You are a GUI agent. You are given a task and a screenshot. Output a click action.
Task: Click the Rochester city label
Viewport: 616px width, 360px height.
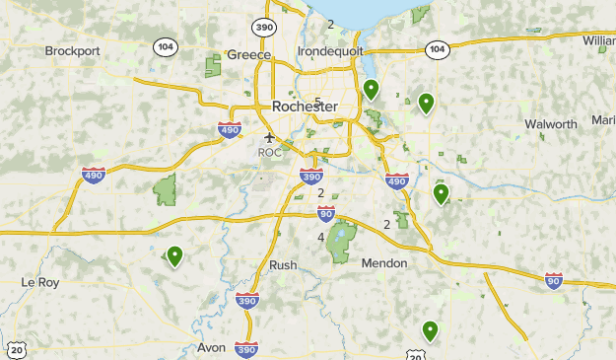coord(304,107)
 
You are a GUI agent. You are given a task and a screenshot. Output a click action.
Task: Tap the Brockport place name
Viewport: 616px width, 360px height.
coord(74,50)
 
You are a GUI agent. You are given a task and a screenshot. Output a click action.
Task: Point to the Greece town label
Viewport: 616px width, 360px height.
coord(248,55)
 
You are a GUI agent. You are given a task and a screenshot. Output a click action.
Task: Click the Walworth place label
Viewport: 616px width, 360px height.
coord(550,124)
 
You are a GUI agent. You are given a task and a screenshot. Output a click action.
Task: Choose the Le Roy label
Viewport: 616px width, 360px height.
coord(40,282)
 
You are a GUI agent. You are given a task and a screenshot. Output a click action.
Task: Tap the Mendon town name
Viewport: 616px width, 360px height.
coord(384,263)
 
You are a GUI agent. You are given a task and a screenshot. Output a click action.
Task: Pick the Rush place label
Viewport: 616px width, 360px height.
coord(283,265)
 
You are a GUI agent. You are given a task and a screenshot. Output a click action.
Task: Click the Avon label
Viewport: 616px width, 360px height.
coord(211,348)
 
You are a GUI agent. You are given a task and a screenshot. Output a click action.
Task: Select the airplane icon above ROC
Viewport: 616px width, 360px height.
coord(269,137)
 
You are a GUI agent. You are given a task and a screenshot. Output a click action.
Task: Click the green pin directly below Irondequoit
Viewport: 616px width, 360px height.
coord(371,89)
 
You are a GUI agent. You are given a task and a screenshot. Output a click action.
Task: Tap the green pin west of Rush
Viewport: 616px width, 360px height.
coord(174,255)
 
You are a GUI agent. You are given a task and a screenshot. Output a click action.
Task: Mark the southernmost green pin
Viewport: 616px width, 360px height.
coord(430,330)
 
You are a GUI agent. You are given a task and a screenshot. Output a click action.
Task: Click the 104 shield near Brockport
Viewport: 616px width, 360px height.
coord(165,45)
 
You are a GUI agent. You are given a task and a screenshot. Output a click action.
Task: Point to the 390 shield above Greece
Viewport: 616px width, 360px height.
coord(262,26)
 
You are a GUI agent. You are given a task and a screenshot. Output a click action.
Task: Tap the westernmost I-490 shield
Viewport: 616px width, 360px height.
coord(92,175)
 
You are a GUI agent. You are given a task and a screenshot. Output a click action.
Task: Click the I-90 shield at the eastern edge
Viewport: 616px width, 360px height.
coord(554,281)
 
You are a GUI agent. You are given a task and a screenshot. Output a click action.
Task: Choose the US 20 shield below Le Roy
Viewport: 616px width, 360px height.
coord(16,351)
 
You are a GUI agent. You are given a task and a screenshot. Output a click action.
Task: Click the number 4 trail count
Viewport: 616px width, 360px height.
coord(321,238)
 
